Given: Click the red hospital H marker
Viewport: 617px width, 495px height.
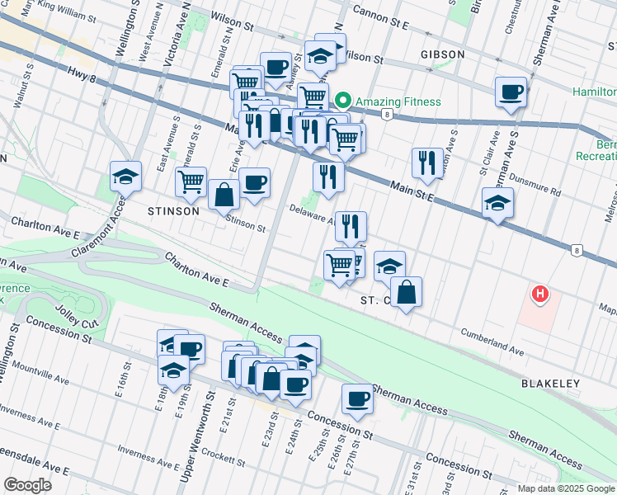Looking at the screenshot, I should (539, 294).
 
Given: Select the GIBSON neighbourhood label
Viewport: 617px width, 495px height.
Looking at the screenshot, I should (442, 54).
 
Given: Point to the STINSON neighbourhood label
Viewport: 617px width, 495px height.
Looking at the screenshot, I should (173, 211).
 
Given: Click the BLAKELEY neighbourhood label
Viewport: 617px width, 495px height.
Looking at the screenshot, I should (550, 384).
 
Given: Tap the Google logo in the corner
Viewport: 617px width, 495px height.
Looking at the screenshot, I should (28, 485).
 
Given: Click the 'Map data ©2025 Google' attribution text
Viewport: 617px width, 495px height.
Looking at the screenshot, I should (566, 488).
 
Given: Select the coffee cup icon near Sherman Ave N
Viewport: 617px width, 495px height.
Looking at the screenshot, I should (511, 91).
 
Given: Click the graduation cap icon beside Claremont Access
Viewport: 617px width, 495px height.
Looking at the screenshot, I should (125, 176).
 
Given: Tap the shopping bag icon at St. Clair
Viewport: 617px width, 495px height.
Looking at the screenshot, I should (407, 291).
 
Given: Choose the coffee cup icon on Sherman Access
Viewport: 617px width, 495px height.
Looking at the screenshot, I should (357, 398).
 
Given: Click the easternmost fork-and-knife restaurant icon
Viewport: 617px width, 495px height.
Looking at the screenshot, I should (426, 162).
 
